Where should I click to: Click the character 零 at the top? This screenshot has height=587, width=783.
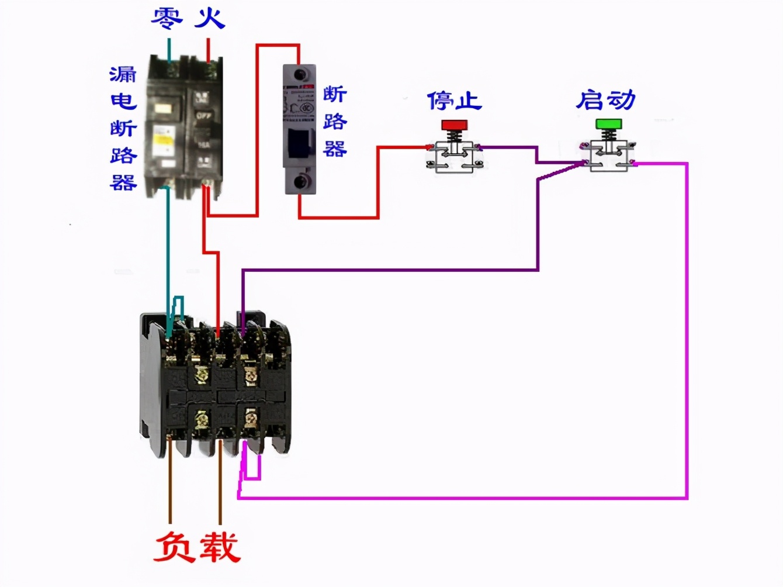(167, 18)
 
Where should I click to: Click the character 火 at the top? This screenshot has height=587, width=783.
(209, 18)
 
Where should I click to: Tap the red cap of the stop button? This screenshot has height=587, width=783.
(454, 125)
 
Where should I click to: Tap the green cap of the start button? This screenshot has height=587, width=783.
(608, 124)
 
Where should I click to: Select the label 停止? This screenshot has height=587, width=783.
(454, 101)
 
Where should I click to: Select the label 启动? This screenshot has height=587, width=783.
(605, 100)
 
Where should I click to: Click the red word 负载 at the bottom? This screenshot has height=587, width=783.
(197, 547)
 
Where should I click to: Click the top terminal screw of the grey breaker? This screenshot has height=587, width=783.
(300, 74)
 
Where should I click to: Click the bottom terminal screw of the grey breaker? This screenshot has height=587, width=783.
(300, 181)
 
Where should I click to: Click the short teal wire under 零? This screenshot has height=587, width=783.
(169, 49)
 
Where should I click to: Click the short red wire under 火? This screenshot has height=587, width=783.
(208, 49)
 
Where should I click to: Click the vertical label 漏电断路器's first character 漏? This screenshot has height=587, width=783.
(123, 74)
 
